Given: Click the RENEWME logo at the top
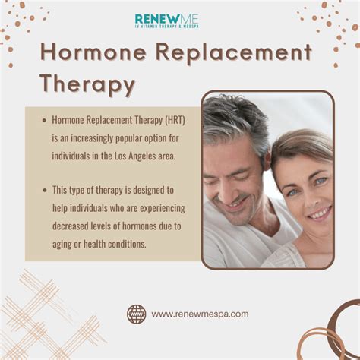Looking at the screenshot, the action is point(167,21).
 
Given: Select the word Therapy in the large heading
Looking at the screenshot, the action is point(87,84).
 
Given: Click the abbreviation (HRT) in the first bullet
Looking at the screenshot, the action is point(175,120).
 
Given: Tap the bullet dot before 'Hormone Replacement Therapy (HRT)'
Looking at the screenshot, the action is point(45,120).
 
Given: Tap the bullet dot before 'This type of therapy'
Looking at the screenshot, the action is point(45,190).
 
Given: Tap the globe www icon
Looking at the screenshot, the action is point(137,314).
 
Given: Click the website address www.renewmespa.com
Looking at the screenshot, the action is point(200,314).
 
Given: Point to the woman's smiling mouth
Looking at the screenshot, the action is point(320,213).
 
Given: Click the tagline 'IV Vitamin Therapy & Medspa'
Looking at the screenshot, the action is point(167,27).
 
